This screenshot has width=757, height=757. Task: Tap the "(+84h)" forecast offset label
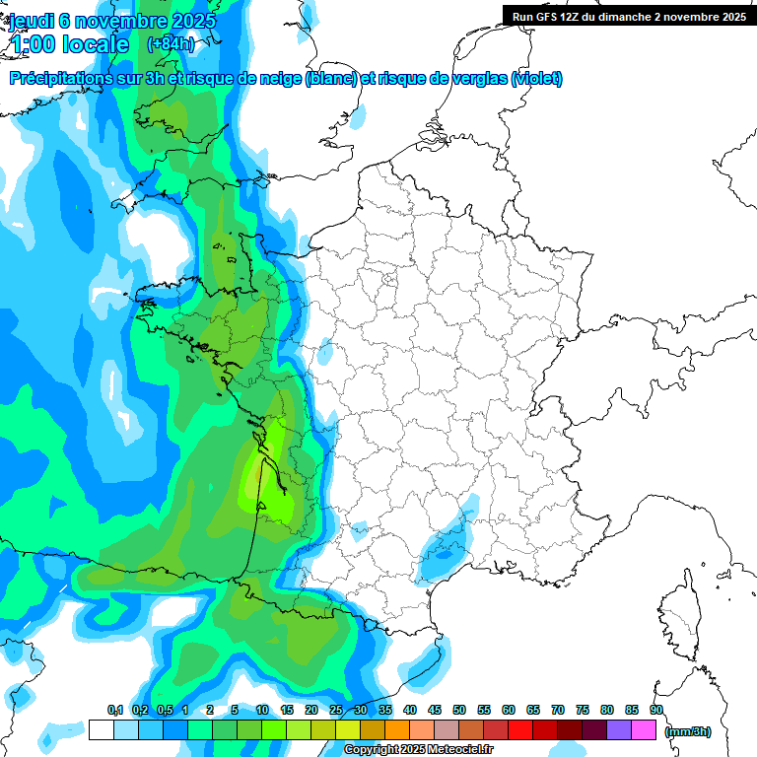click(x=171, y=44)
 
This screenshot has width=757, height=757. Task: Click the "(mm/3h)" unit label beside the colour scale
click(x=688, y=731)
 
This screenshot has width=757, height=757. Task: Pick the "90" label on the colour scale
click(x=656, y=711)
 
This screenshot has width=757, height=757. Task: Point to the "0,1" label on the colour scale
click(x=115, y=711)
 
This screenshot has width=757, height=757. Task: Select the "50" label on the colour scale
click(x=459, y=711)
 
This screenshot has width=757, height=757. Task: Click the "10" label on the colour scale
click(x=262, y=711)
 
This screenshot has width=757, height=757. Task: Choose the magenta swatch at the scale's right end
click(x=644, y=730)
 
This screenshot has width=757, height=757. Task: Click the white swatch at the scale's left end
click(x=101, y=730)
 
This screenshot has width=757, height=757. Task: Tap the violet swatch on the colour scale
click(x=619, y=730)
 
